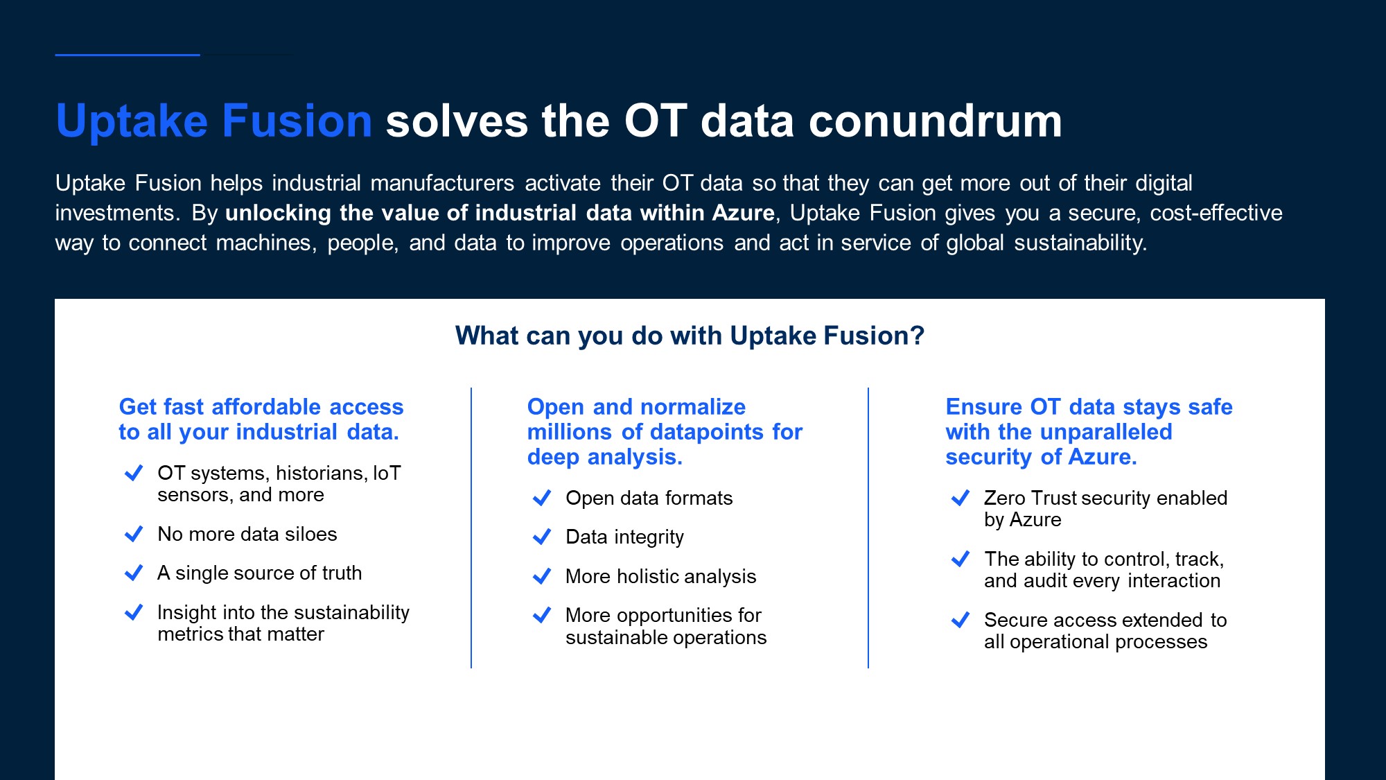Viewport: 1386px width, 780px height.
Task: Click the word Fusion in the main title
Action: (x=297, y=121)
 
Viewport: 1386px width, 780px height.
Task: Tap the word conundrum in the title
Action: (x=936, y=121)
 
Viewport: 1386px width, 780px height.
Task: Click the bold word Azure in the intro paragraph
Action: (x=743, y=213)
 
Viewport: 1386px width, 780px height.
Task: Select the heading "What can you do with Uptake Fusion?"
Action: (x=690, y=336)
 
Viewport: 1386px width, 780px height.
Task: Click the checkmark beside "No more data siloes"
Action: (x=134, y=534)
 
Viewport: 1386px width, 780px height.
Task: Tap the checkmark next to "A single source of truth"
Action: (x=134, y=573)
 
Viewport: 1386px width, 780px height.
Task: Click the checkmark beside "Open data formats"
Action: (x=542, y=498)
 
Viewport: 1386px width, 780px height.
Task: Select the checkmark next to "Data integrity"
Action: (x=542, y=537)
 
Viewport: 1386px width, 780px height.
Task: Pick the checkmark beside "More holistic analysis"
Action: (x=542, y=576)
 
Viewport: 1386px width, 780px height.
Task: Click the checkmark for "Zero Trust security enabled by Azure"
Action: (x=960, y=498)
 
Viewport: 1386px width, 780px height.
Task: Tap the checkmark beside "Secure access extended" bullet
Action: (x=960, y=620)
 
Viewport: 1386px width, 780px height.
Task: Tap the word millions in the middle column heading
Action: (x=570, y=432)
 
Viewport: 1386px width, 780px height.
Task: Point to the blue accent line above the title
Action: (x=128, y=55)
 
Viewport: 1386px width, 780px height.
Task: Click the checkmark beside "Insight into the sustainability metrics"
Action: (x=134, y=612)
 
